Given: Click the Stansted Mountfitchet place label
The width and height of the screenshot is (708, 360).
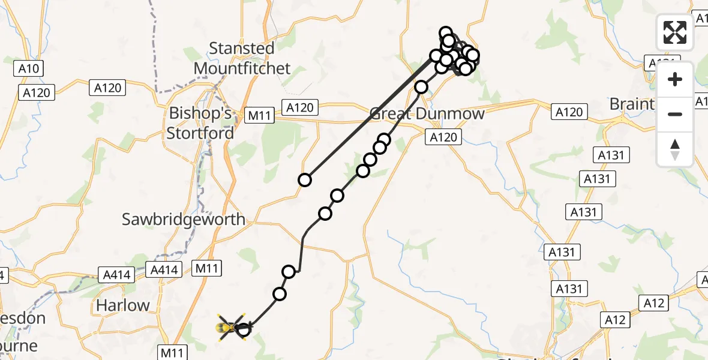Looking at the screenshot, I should point(242,58).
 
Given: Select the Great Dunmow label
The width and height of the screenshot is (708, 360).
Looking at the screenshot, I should point(427,113).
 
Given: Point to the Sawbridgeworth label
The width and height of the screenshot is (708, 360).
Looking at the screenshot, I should point(184,220).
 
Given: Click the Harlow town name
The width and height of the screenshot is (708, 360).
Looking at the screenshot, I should point(123,305).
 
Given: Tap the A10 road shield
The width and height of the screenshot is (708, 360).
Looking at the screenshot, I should point(28,69).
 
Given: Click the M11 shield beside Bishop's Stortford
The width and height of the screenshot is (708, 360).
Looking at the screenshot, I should point(259,116).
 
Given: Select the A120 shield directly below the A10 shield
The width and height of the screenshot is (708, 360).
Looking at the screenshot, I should point(38,92).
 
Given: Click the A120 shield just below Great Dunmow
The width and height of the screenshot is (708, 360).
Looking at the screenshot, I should point(443,137).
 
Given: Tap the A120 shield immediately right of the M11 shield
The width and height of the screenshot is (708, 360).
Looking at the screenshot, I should point(299,107).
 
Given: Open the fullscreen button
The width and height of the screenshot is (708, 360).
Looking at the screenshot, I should point(675,32).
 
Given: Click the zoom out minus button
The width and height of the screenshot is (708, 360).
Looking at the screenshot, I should point(675,114).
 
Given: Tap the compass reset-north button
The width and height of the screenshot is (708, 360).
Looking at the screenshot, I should point(675,149).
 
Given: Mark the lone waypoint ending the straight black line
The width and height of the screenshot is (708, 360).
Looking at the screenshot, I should point(305,180).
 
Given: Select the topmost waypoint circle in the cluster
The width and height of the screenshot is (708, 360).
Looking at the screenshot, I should point(445,32).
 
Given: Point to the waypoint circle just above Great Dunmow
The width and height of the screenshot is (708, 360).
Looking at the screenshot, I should point(421,87).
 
